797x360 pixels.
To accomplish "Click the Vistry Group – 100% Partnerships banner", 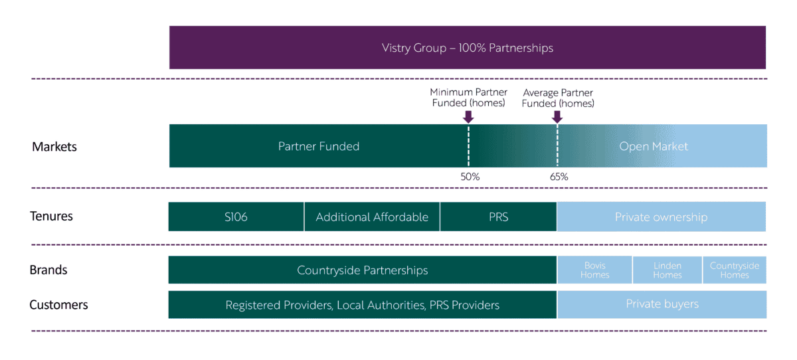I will [467, 48].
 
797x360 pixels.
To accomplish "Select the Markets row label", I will [54, 147].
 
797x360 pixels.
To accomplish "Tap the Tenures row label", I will [51, 217].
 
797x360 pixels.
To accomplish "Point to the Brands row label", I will [48, 270].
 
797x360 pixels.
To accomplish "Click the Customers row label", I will [58, 305].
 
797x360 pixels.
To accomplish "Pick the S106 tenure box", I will [236, 217].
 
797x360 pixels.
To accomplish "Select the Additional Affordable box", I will [372, 217].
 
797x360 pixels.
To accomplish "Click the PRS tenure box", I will [498, 217].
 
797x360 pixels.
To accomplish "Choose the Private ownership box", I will [661, 217].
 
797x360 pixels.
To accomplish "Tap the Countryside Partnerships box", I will [362, 270].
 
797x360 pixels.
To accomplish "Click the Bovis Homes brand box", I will [594, 270].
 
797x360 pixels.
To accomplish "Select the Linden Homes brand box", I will [667, 270].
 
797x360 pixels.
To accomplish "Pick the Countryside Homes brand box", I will [734, 270].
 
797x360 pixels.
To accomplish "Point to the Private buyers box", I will [662, 304].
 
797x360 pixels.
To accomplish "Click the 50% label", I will [470, 177].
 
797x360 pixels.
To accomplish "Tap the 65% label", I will [559, 177].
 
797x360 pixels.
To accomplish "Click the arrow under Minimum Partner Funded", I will [468, 117].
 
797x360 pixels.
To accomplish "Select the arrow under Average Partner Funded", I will [557, 117].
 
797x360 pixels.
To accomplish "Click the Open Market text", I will [654, 146].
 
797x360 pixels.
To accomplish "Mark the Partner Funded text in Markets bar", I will [318, 146].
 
